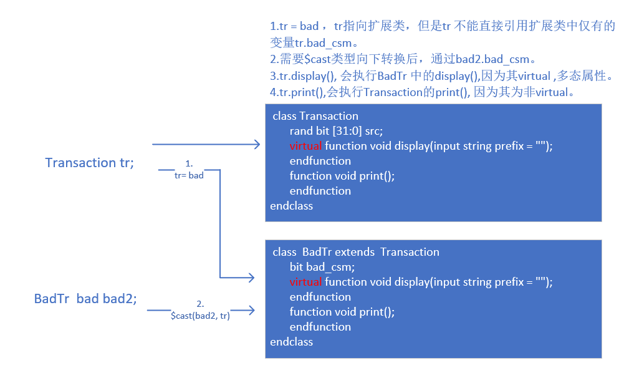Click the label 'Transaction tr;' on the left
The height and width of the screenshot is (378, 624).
coord(89,163)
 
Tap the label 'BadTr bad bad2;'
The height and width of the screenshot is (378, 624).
coord(85,299)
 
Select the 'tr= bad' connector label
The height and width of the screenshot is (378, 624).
coord(189,175)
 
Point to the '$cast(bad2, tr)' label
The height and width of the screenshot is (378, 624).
coord(200,316)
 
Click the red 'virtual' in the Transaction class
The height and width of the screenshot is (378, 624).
coord(305,146)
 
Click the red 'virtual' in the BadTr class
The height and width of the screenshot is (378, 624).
coord(305,282)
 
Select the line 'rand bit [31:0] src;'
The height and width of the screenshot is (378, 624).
coord(336,131)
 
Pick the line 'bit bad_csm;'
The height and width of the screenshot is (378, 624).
coord(322,267)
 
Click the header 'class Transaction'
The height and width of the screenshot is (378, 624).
coord(315,116)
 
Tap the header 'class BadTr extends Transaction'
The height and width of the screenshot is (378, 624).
coord(356,252)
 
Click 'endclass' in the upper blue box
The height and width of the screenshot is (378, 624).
coord(291,206)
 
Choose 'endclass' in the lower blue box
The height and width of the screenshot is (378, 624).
coord(291,342)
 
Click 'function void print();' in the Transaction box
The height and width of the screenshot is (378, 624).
coord(342,176)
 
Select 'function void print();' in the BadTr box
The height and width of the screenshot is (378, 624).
coord(342,312)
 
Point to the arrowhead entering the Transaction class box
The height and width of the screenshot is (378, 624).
coord(257,145)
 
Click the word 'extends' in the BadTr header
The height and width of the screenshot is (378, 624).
coord(355,252)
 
